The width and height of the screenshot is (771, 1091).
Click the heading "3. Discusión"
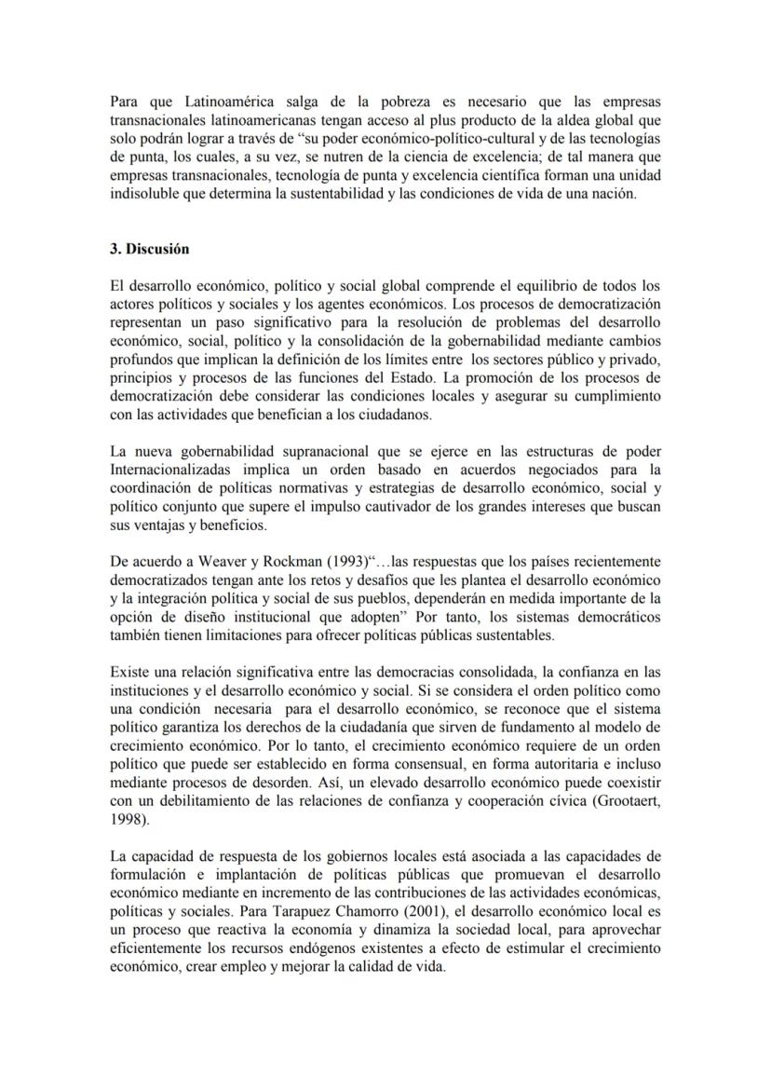(149, 249)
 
